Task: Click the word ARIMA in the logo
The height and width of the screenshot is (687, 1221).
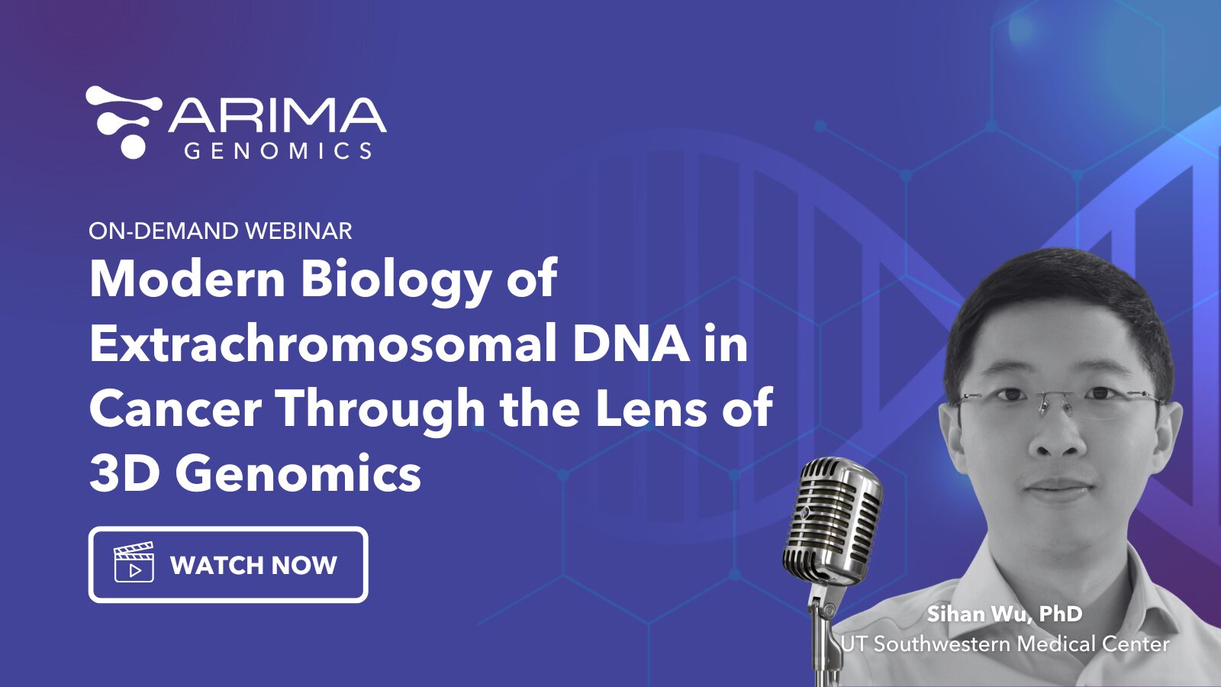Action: point(277,115)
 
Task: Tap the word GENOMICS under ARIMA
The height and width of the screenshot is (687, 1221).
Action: point(278,150)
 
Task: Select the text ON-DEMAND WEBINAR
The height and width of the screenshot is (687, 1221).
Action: point(220,231)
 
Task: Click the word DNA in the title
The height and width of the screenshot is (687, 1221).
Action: point(632,343)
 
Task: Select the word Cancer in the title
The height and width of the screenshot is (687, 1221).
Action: point(176,408)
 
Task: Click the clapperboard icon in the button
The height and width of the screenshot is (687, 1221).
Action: point(134,563)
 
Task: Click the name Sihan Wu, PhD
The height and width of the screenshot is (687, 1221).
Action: point(1004,614)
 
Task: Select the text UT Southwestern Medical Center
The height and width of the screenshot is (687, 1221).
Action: point(1004,644)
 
